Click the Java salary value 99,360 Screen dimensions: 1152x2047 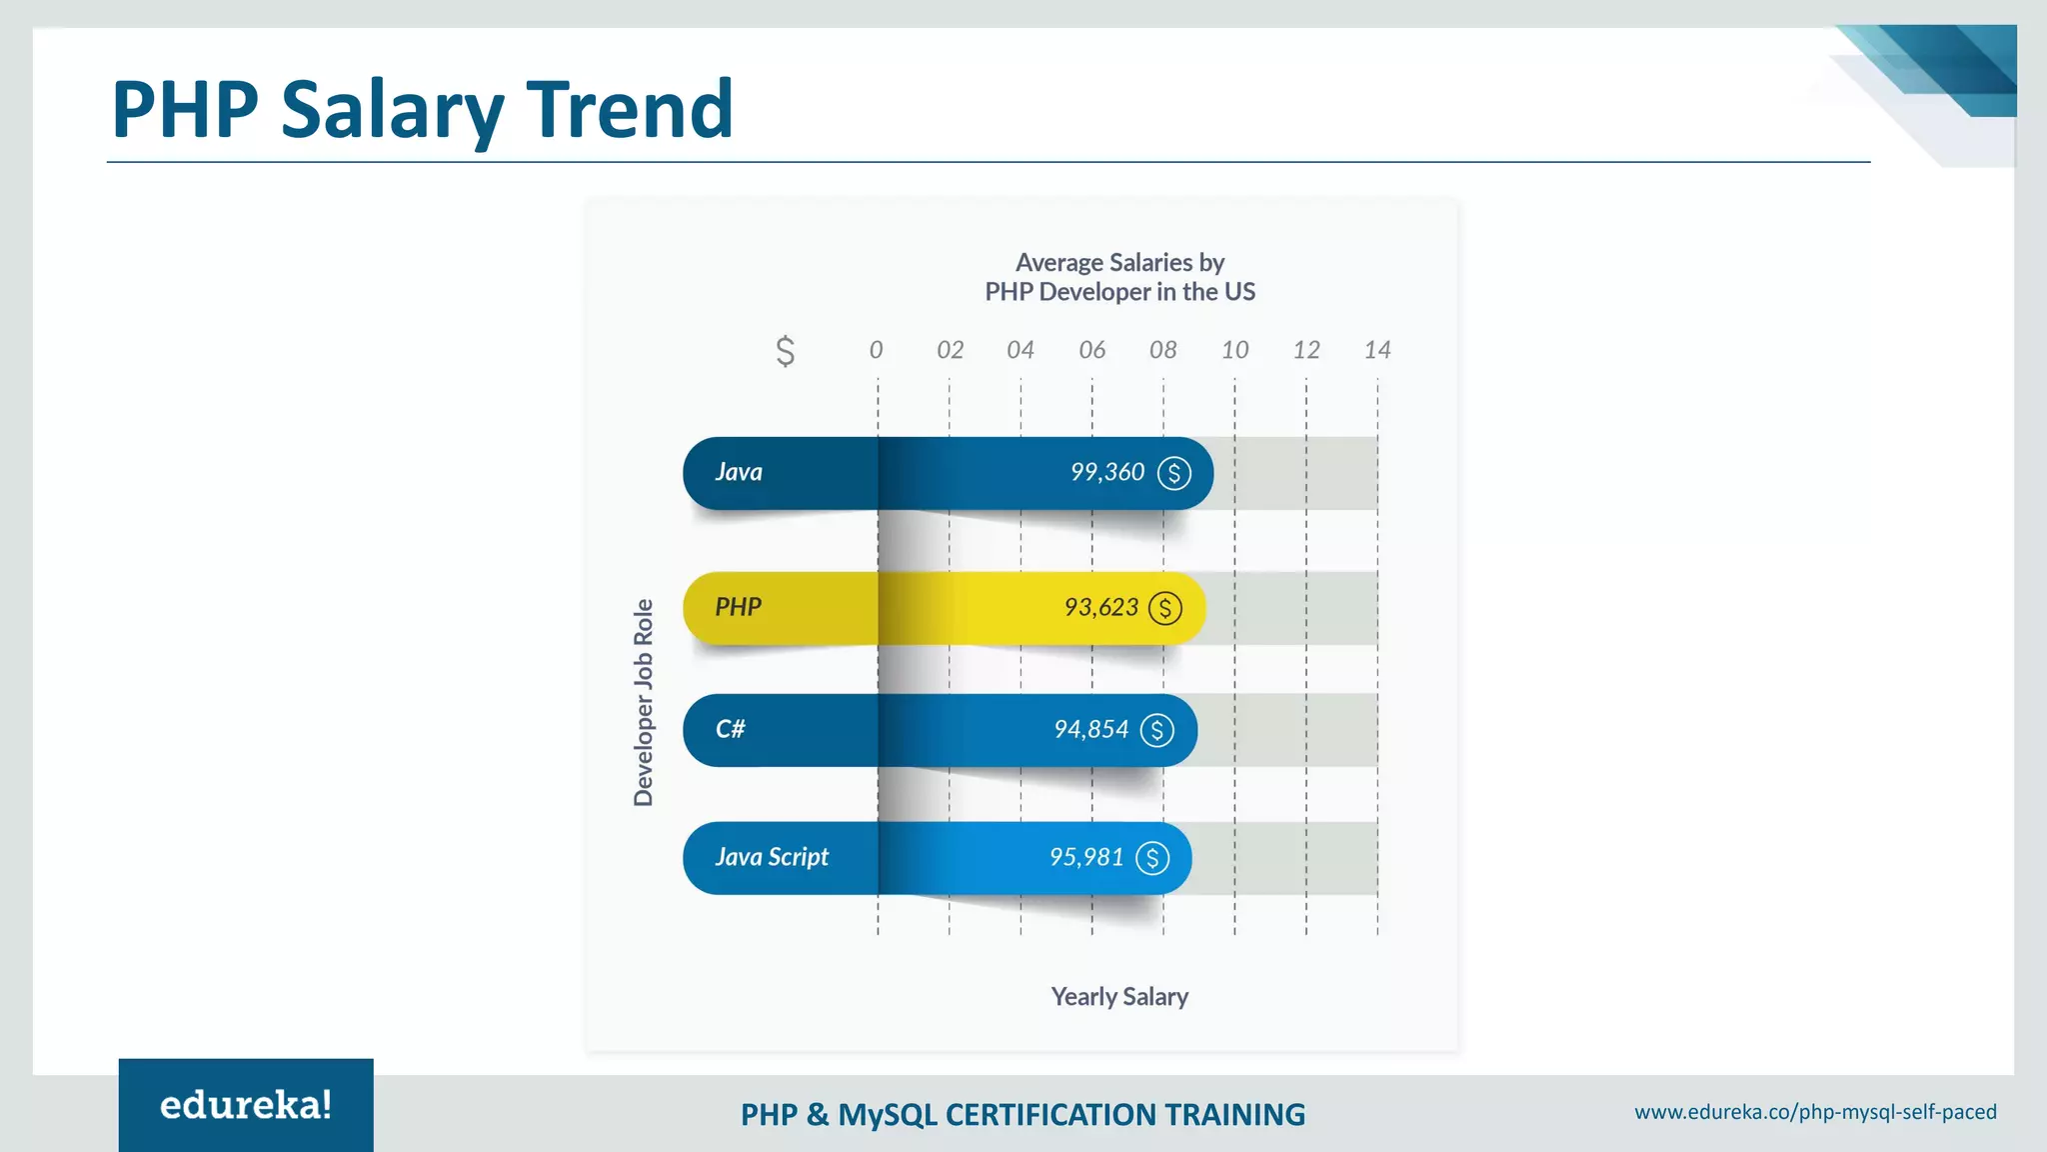click(1106, 472)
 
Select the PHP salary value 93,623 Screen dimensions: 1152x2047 click(1100, 607)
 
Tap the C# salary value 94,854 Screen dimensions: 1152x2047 click(1090, 729)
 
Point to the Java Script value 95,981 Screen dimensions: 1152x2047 click(1086, 857)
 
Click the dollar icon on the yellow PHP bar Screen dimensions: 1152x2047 click(1164, 608)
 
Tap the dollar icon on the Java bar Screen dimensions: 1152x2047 click(1173, 473)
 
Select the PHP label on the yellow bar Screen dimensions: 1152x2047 click(738, 607)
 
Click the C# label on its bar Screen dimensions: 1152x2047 click(730, 729)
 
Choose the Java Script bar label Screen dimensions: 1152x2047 click(772, 857)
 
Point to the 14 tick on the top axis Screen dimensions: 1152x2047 click(1376, 350)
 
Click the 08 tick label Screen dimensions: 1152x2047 click(1162, 350)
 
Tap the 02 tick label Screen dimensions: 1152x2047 click(950, 350)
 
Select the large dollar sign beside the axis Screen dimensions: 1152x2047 click(786, 351)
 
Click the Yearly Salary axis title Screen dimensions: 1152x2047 click(1119, 997)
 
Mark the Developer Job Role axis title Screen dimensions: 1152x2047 click(644, 702)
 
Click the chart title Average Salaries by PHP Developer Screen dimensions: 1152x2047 click(1119, 277)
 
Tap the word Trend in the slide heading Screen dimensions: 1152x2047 click(630, 109)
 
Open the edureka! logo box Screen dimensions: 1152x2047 click(246, 1105)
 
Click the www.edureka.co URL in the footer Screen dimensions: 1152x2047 click(1815, 1112)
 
